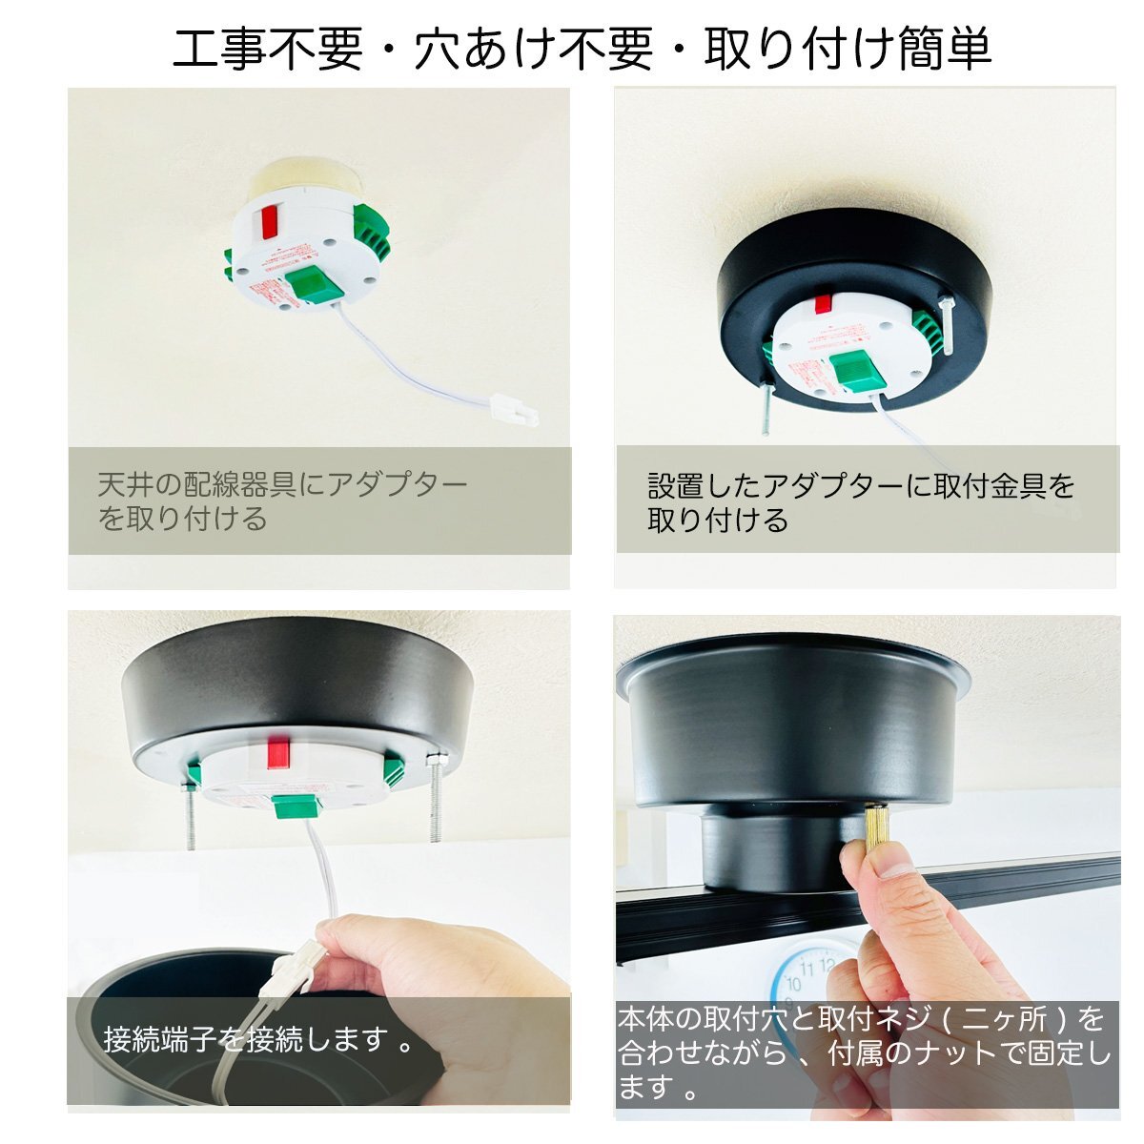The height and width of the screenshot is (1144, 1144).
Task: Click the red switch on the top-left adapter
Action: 270,222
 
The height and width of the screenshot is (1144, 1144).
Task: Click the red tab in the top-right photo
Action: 823,303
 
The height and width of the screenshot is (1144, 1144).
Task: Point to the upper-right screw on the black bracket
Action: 948,326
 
